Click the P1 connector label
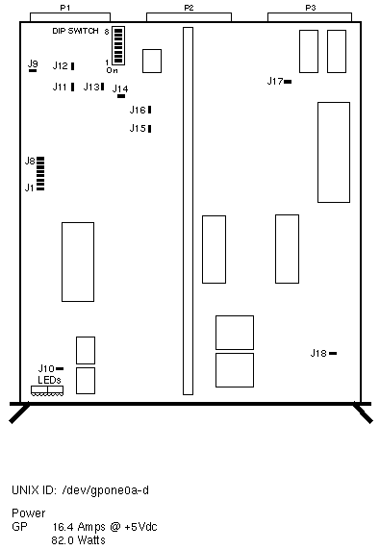pyautogui.click(x=65, y=8)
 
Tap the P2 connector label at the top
pyautogui.click(x=189, y=8)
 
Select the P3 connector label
pyautogui.click(x=311, y=8)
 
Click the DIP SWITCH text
pyautogui.click(x=75, y=31)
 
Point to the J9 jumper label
pyautogui.click(x=33, y=63)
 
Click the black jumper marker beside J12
pyautogui.click(x=72, y=66)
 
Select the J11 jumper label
pyautogui.click(x=60, y=87)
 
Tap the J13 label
pyautogui.click(x=91, y=87)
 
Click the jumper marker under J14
pyautogui.click(x=121, y=96)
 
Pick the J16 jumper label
pyautogui.click(x=138, y=111)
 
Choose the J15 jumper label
pyautogui.click(x=138, y=129)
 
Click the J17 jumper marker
pyautogui.click(x=288, y=82)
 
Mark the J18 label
pyautogui.click(x=318, y=353)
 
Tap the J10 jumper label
pyautogui.click(x=46, y=368)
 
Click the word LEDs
pyautogui.click(x=49, y=380)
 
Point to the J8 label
pyautogui.click(x=30, y=161)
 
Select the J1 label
pyautogui.click(x=29, y=188)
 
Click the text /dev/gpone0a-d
pyautogui.click(x=105, y=490)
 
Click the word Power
pyautogui.click(x=29, y=513)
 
